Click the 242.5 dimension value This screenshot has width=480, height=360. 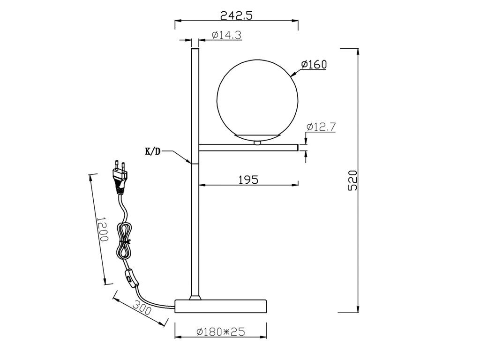[236, 15]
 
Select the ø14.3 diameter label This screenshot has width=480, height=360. [226, 35]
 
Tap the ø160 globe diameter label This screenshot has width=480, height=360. [314, 64]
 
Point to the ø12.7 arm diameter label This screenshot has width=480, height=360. [321, 127]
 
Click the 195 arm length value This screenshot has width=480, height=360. [248, 180]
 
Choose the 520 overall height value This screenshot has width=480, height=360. [352, 180]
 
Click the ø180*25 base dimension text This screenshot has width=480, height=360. [220, 331]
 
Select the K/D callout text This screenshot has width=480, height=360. [152, 151]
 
